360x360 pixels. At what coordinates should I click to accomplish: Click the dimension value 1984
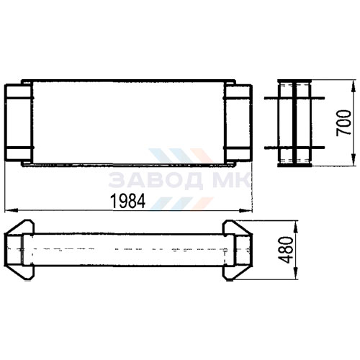click(128, 201)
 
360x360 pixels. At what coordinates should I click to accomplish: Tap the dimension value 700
click(343, 123)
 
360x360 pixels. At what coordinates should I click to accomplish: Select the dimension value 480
click(286, 250)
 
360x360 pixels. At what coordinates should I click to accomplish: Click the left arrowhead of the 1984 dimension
click(12, 210)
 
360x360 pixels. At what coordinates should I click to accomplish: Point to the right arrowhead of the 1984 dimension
click(246, 211)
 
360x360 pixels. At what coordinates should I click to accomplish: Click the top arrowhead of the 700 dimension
click(354, 86)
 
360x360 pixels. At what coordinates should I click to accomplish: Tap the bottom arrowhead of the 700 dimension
click(354, 160)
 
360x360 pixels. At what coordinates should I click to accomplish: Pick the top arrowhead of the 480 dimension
click(295, 227)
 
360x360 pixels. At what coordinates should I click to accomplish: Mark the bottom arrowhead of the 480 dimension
click(295, 273)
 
